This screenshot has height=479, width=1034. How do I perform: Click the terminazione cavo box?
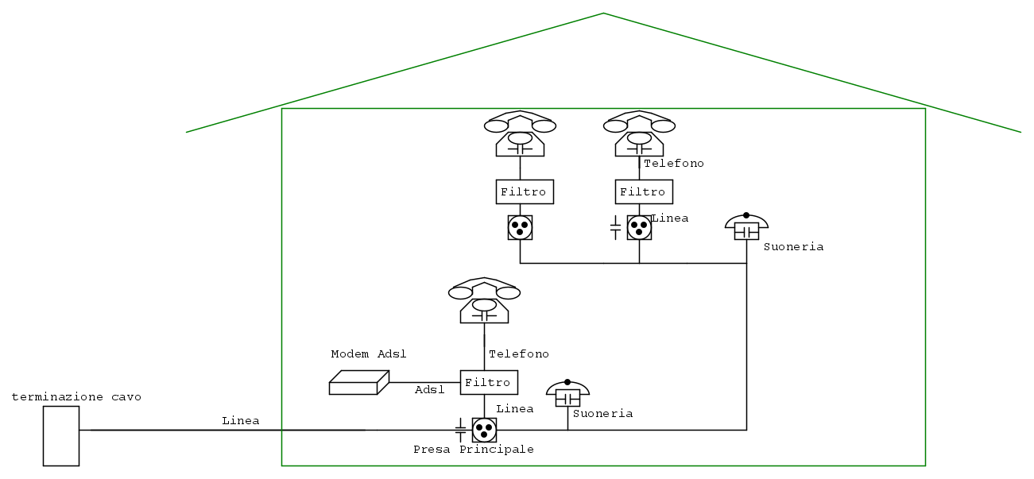(x=61, y=435)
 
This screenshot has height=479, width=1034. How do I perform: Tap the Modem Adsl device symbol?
(x=358, y=383)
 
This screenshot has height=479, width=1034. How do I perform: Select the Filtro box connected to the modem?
(x=489, y=382)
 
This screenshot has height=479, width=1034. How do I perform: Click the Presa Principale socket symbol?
(x=484, y=430)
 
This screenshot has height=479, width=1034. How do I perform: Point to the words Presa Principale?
(x=473, y=450)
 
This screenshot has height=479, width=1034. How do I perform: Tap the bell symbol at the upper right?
(x=746, y=227)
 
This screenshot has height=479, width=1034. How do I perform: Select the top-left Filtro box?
(x=524, y=192)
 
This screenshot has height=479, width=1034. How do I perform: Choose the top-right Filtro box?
(x=643, y=192)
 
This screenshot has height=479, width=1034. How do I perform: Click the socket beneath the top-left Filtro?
(x=520, y=228)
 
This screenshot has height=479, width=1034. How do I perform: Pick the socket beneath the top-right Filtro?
(x=639, y=228)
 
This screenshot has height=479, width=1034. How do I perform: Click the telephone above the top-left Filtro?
(x=520, y=133)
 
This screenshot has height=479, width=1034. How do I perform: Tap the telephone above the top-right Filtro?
(x=639, y=133)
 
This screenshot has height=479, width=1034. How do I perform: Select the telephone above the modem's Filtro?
(x=484, y=300)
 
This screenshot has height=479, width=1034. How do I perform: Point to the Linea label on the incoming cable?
(x=241, y=420)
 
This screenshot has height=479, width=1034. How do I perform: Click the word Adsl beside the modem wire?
(x=430, y=390)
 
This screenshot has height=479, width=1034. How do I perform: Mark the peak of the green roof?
(x=603, y=14)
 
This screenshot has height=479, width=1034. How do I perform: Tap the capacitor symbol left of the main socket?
(x=460, y=430)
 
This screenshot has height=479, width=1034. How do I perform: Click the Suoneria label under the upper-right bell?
(x=793, y=247)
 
